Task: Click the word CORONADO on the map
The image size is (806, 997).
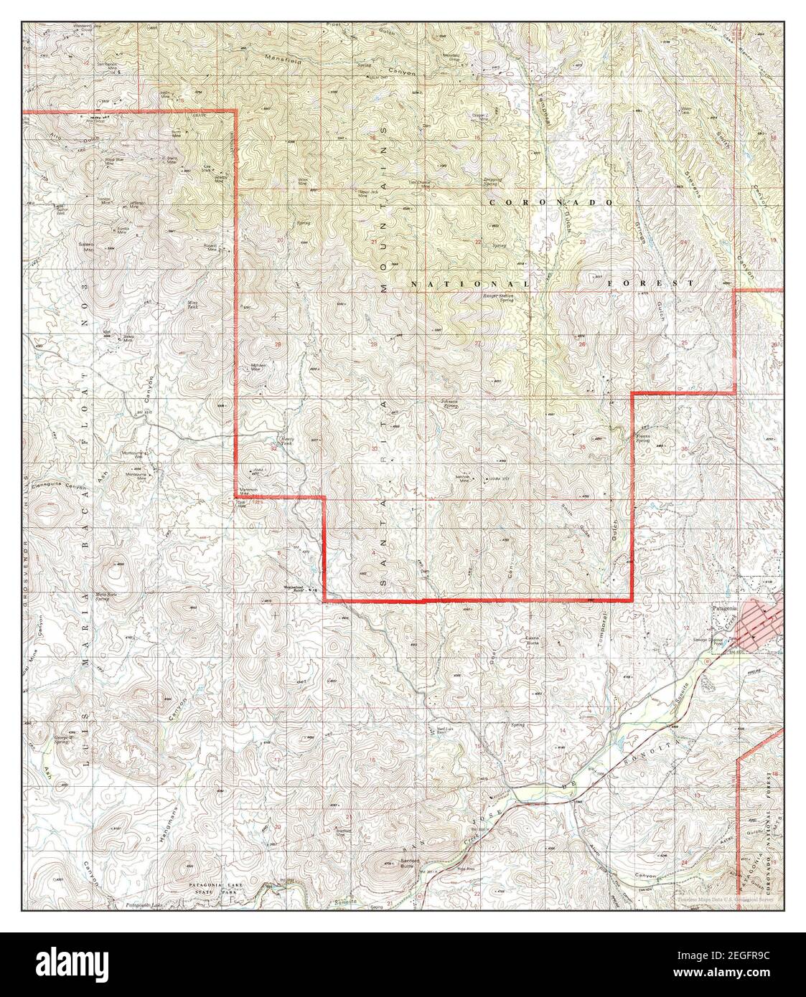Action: click(x=550, y=203)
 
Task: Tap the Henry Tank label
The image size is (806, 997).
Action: click(x=286, y=443)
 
